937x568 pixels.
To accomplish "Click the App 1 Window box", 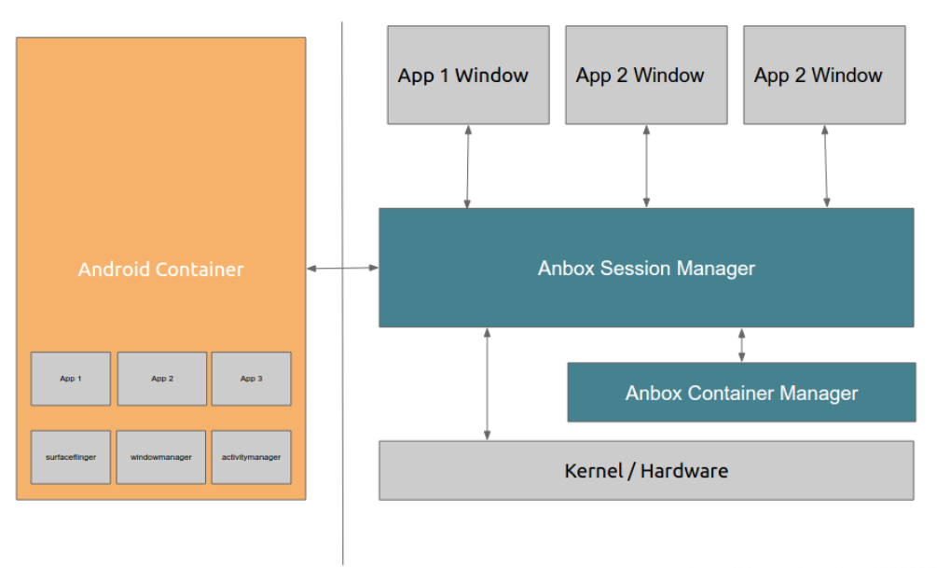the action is (468, 75).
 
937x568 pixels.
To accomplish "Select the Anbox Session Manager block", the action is (646, 268).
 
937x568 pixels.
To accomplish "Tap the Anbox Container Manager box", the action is (741, 393).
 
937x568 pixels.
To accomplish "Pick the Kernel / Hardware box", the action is (646, 471).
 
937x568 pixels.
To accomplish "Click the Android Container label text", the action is (160, 269).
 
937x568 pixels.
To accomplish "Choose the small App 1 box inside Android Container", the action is (71, 379).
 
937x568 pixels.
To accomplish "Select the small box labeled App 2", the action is (162, 379).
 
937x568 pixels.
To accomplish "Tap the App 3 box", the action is (251, 379).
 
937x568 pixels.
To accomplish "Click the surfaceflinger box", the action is (71, 457).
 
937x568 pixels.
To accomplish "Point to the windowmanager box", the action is (160, 457).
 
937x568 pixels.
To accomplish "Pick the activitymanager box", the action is (251, 457).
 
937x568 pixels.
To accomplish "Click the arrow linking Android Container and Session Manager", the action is (342, 268).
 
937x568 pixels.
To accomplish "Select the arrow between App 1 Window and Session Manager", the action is (468, 166).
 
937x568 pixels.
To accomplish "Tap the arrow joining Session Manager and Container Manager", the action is (741, 345).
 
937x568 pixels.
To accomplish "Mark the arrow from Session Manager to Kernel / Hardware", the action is (487, 384).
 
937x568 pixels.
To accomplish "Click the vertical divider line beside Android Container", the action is (342, 293).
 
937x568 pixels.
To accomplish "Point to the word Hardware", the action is (684, 471).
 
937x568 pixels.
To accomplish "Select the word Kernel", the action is (594, 471).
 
